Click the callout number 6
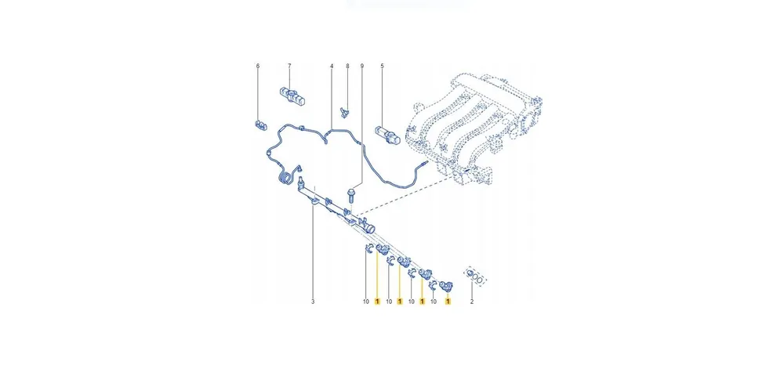pyautogui.click(x=256, y=67)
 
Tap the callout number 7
pyautogui.click(x=289, y=67)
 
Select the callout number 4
pyautogui.click(x=332, y=67)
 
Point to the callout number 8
pyautogui.click(x=347, y=67)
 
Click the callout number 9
pyautogui.click(x=362, y=67)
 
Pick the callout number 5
pyautogui.click(x=383, y=67)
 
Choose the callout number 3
pyautogui.click(x=312, y=302)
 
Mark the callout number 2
pyautogui.click(x=472, y=302)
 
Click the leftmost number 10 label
pyautogui.click(x=365, y=302)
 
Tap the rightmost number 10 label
pyautogui.click(x=434, y=302)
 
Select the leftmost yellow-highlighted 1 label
pyautogui.click(x=377, y=302)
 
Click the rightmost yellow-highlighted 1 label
pyautogui.click(x=448, y=302)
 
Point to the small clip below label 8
pyautogui.click(x=345, y=109)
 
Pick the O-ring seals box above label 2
pyautogui.click(x=474, y=275)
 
